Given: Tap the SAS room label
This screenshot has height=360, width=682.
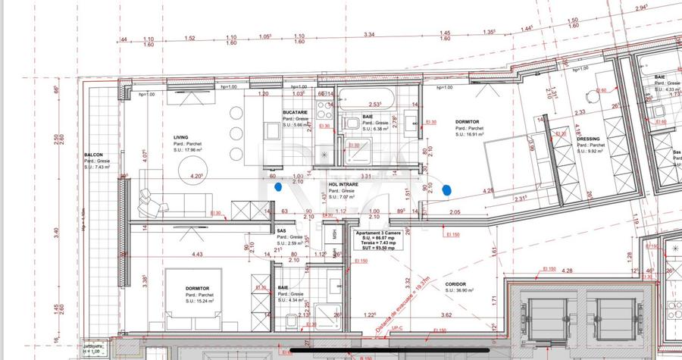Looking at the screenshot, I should coord(281,230).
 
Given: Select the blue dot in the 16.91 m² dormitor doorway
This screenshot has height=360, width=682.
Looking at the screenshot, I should coord(447,189).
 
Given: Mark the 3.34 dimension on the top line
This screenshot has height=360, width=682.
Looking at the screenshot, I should coord(369,35).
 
